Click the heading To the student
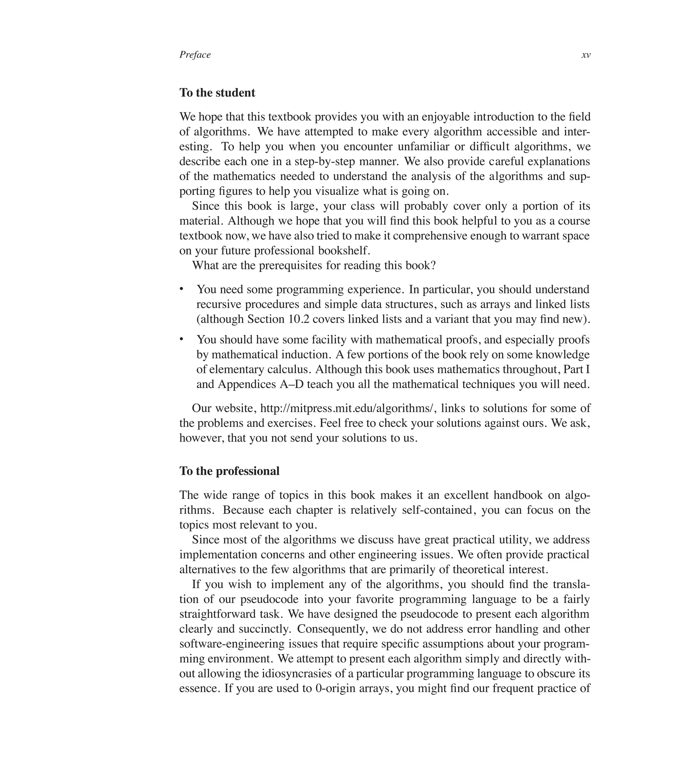point(217,93)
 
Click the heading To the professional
point(229,471)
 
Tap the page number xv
point(586,55)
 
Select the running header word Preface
point(195,55)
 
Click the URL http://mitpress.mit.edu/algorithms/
point(347,408)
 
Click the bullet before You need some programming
point(182,289)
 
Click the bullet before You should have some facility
point(182,339)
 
